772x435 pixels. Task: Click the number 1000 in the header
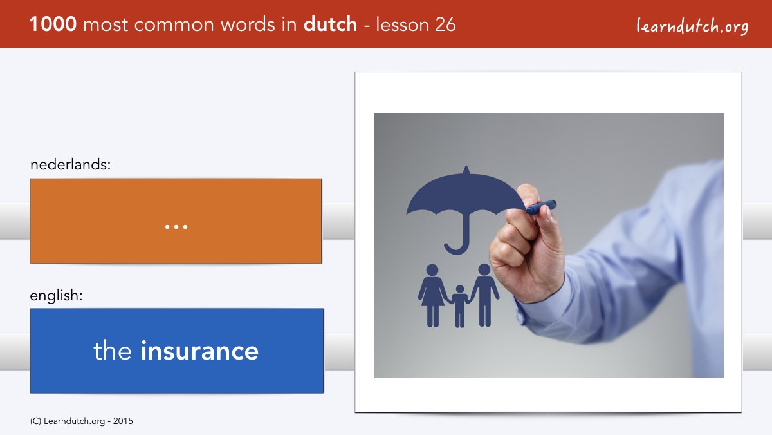tap(53, 24)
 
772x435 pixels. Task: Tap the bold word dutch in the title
tap(330, 24)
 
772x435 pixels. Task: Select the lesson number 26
tap(445, 24)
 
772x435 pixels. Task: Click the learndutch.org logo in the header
tap(692, 26)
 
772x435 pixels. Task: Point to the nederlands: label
tap(70, 165)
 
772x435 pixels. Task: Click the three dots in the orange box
tap(176, 227)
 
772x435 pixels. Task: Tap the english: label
tap(56, 296)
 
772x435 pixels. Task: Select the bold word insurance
tap(199, 351)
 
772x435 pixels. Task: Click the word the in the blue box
tap(113, 351)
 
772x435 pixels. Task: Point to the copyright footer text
tap(81, 421)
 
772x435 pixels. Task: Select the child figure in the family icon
tap(459, 306)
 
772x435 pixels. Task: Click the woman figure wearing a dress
tap(432, 296)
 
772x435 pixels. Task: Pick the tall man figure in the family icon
tap(484, 295)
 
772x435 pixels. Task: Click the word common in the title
tap(174, 25)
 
